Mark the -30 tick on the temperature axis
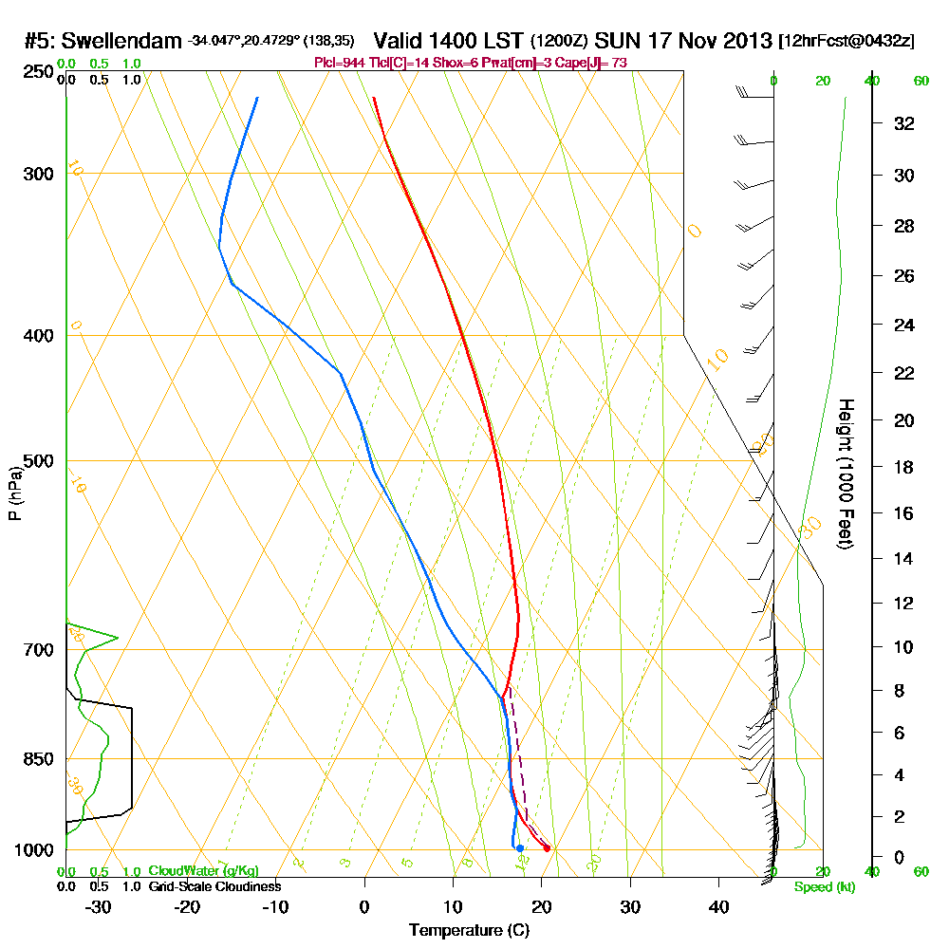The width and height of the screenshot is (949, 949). coord(99,906)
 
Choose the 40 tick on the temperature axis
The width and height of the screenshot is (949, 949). coord(718,906)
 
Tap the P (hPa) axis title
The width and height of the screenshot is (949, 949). coord(14,493)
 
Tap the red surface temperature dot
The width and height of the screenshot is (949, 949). coord(547,847)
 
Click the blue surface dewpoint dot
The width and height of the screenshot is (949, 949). coord(519,847)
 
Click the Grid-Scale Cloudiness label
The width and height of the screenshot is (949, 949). coord(214,886)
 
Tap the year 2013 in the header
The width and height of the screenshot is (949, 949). coord(746,41)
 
